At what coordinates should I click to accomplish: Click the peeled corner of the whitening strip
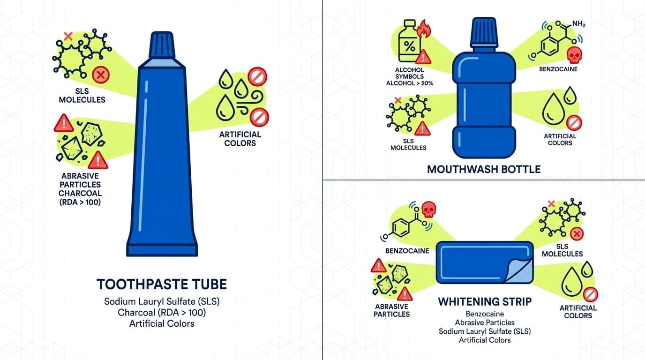point(521,270)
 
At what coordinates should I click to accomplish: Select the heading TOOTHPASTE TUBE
point(162,284)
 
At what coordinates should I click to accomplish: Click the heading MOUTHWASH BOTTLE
point(484,169)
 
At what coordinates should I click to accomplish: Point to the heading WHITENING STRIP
point(485,301)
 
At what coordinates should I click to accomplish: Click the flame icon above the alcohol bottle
point(423,28)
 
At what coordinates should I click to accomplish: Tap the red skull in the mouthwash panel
point(574,54)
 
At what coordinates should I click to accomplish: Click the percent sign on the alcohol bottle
point(409,47)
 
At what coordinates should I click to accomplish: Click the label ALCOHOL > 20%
point(409,83)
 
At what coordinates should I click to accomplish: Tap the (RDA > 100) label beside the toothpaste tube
point(80,202)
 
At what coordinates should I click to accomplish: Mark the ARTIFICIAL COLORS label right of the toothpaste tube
point(240,139)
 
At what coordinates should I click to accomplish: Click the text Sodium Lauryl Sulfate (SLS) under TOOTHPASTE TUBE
point(162,301)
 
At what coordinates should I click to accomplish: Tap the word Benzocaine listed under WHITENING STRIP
point(485,314)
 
